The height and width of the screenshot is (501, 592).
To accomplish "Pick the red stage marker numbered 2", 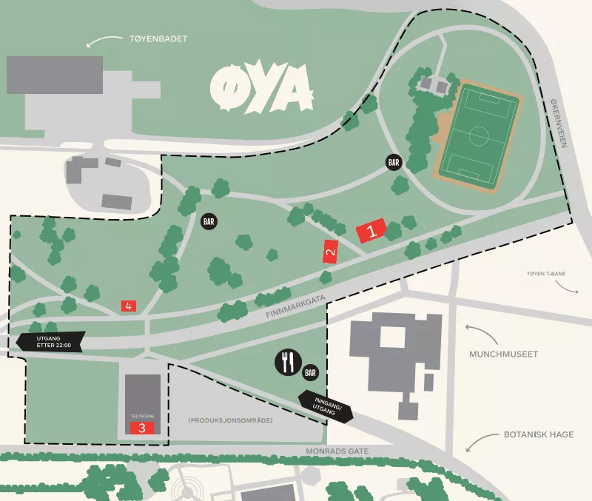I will point(330,252).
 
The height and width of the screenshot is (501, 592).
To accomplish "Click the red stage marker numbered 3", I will point(142,428).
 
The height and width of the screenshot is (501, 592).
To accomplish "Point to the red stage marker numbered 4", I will point(129,305).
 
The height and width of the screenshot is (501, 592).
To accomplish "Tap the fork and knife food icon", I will point(287,362).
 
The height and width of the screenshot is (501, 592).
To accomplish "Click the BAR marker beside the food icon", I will point(311,372).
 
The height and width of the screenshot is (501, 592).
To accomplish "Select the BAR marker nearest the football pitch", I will point(394,161).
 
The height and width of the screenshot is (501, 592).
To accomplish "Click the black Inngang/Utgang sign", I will point(326,405).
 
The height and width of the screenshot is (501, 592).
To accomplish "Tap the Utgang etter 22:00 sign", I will point(51,341).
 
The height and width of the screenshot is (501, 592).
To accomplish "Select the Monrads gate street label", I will point(337,451).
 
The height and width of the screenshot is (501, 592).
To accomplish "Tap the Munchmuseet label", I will point(503,354).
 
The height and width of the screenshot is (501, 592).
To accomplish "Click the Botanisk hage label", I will point(539,434).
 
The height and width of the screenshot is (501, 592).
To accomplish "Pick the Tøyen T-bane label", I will point(546,274).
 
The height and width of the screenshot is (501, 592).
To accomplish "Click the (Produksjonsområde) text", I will point(230,420).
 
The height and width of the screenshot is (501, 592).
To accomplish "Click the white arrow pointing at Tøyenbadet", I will point(103,41).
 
